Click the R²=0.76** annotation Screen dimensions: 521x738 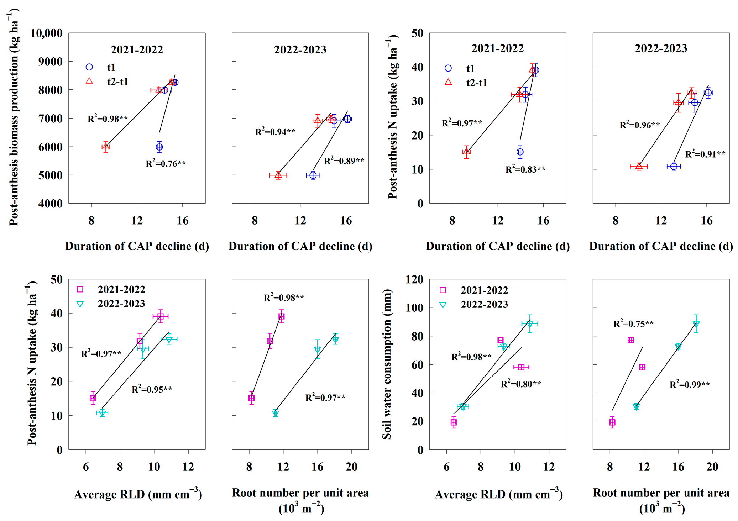[166, 164]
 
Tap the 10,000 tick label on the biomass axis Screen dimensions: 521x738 [46, 33]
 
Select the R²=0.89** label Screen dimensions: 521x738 [344, 161]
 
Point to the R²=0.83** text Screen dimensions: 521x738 [525, 169]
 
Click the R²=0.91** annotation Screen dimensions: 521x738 [705, 154]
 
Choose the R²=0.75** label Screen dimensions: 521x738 [633, 324]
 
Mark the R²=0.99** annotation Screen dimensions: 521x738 [690, 384]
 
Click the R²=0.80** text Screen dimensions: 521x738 [521, 384]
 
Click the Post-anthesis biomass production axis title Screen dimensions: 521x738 [14, 117]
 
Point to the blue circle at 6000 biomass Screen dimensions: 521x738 [159, 147]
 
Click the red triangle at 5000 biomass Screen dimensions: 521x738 [278, 175]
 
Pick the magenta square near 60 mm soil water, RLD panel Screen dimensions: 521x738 [521, 367]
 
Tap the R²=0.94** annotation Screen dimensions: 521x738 [275, 132]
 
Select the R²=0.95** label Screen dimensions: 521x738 [152, 389]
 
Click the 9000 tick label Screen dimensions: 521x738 [50, 62]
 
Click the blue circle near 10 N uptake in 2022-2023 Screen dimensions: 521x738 [674, 166]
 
